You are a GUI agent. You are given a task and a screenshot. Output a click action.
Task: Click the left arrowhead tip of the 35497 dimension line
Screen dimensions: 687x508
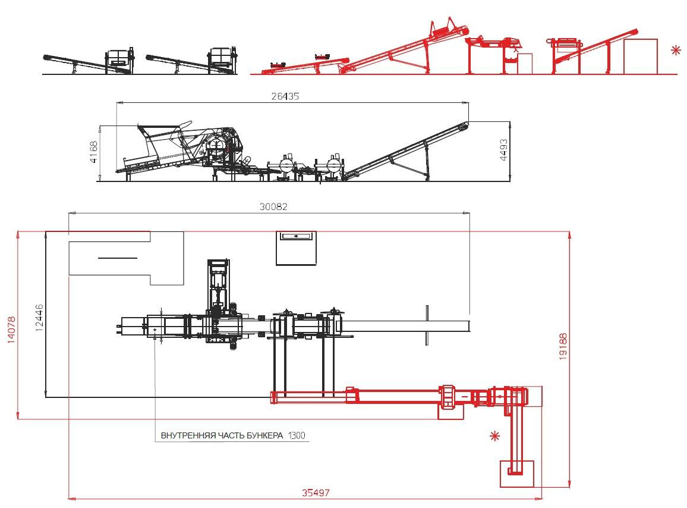pyautogui.click(x=68, y=498)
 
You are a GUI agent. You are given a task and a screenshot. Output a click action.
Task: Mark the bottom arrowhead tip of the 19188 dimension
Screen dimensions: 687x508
pyautogui.click(x=569, y=487)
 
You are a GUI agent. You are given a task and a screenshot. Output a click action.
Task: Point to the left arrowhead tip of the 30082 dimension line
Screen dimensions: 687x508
pyautogui.click(x=69, y=213)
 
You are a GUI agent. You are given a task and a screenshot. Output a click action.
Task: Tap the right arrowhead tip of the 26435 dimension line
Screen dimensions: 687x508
pyautogui.click(x=469, y=103)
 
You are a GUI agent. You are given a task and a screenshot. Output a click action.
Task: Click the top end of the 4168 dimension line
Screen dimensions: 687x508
pyautogui.click(x=100, y=126)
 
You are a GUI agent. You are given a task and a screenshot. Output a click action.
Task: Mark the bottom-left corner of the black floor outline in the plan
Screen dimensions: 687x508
pyautogui.click(x=46, y=397)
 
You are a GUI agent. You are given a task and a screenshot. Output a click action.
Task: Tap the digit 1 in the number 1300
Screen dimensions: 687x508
pyautogui.click(x=289, y=435)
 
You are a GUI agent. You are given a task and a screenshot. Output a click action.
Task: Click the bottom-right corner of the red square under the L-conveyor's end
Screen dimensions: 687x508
pyautogui.click(x=534, y=487)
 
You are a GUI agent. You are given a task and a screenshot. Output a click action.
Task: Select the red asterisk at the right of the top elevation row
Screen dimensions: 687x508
pyautogui.click(x=676, y=50)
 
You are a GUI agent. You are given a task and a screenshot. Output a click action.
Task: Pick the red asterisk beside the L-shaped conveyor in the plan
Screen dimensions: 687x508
pyautogui.click(x=494, y=436)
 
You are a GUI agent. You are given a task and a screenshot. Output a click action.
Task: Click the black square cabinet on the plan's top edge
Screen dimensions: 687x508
pyautogui.click(x=296, y=248)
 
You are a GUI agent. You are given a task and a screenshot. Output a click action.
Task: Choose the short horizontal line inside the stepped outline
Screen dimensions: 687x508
pyautogui.click(x=118, y=258)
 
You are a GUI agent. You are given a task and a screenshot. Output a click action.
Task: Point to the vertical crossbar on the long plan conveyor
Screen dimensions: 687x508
pyautogui.click(x=427, y=325)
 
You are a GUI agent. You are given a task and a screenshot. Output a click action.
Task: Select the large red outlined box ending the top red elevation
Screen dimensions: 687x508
pyautogui.click(x=641, y=56)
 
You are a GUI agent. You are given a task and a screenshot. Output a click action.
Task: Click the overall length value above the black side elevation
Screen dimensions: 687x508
pyautogui.click(x=285, y=96)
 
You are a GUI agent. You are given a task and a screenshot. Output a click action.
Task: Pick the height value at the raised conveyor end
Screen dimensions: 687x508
pyautogui.click(x=503, y=150)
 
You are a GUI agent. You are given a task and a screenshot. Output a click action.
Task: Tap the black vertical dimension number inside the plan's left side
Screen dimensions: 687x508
pyautogui.click(x=39, y=318)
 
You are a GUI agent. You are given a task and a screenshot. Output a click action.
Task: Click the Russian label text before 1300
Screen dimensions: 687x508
pyautogui.click(x=222, y=435)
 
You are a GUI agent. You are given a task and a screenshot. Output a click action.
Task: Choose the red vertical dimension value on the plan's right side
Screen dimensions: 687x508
pyautogui.click(x=563, y=347)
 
